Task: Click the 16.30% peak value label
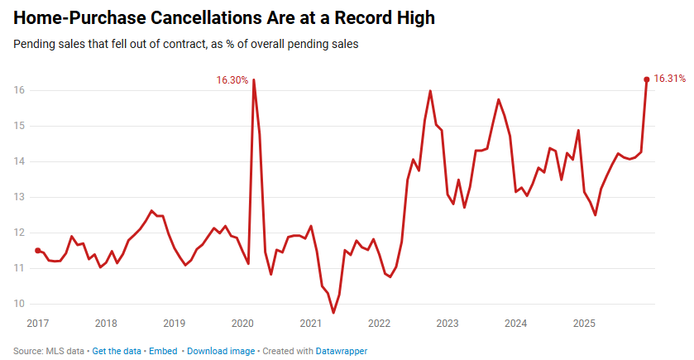click(232, 80)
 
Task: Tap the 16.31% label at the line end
click(669, 79)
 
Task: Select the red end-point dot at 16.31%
click(646, 79)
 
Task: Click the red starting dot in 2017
click(37, 250)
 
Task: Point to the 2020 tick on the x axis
click(242, 323)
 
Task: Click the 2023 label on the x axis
click(448, 323)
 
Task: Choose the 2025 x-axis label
click(584, 323)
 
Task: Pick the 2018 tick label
click(106, 323)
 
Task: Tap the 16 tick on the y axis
click(19, 90)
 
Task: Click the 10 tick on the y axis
click(19, 304)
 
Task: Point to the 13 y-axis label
click(19, 197)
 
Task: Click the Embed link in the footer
click(163, 351)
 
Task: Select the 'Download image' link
click(221, 351)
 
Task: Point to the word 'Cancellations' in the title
click(184, 17)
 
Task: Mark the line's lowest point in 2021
click(333, 312)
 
